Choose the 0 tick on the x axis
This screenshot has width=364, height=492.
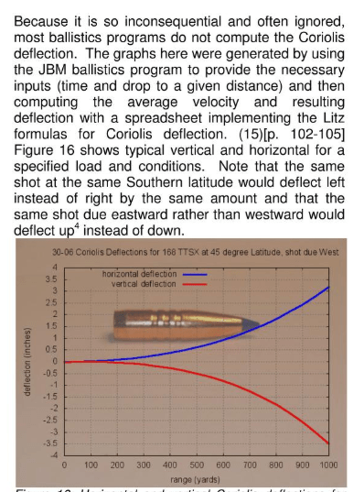64,466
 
